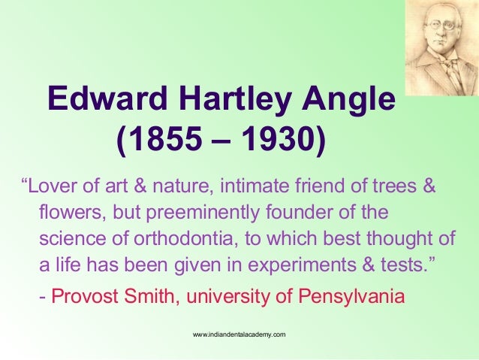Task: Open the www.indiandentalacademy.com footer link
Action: pos(239,332)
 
